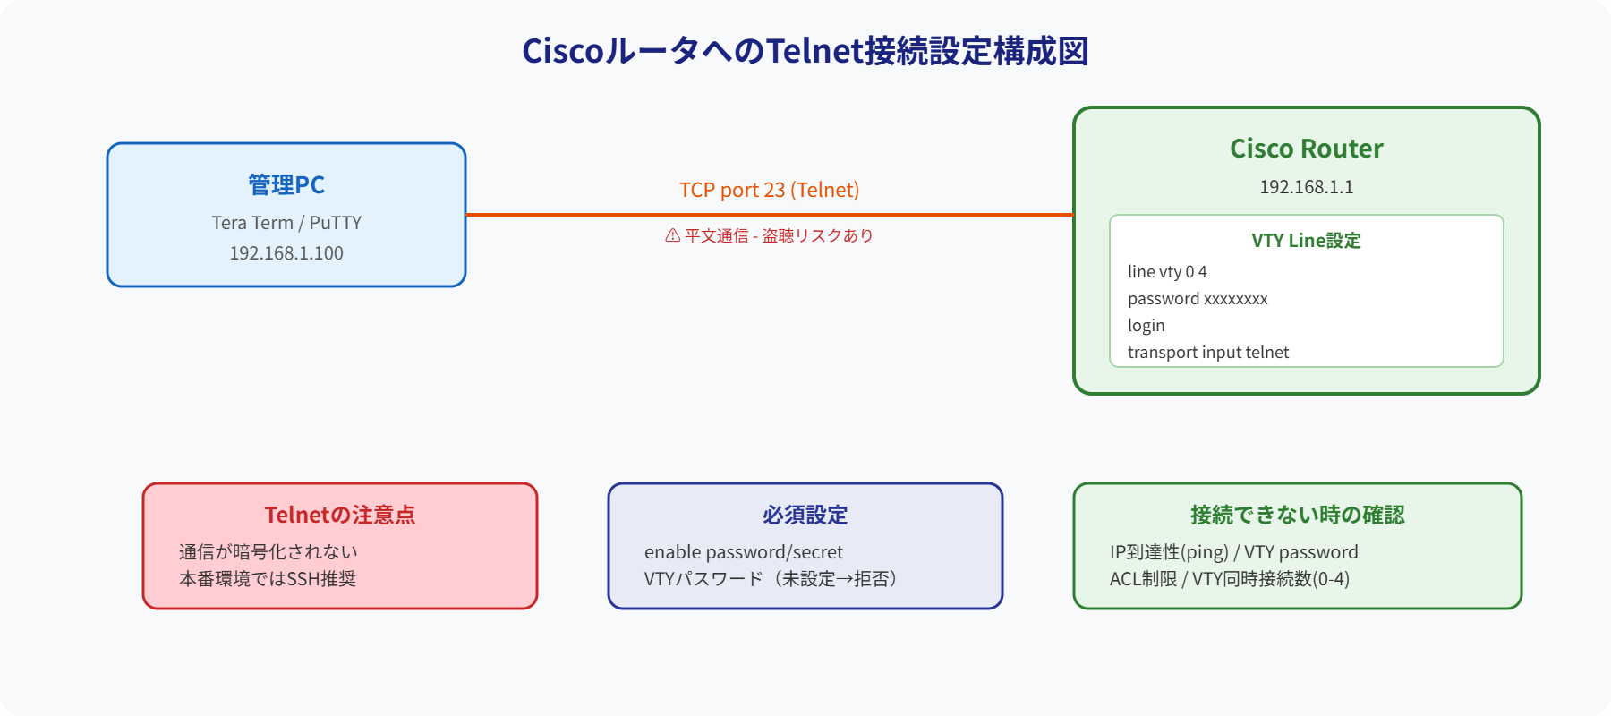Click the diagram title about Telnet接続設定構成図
pos(805,51)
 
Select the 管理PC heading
pos(286,185)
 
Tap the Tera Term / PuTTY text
pos(286,223)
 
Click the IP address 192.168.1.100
pos(286,253)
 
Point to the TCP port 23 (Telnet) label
pos(769,190)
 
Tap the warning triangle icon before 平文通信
pos(673,235)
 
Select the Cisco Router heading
pos(1306,149)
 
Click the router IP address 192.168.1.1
pos(1306,187)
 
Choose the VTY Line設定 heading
pos(1306,241)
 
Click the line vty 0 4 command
pos(1167,271)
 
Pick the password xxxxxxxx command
pos(1198,298)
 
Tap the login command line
pos(1146,325)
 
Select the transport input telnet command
pos(1208,352)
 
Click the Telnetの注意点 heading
pos(340,515)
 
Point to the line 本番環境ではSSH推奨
pos(268,579)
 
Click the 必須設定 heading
pos(805,515)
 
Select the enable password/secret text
pos(744,552)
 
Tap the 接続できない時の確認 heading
pos(1297,515)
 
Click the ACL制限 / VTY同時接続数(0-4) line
pos(1230,579)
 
